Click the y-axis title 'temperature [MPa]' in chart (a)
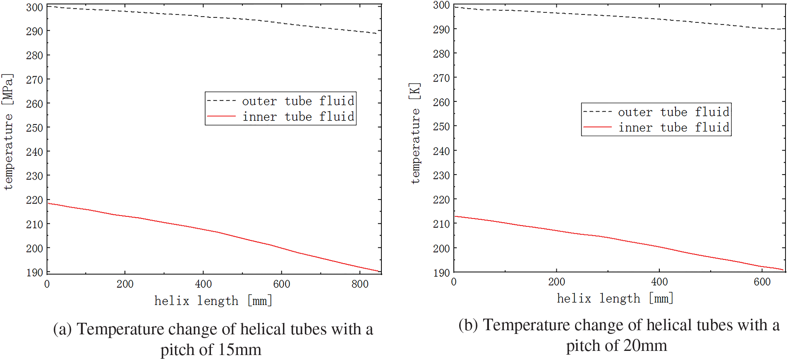pos(8,132)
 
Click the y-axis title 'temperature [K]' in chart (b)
pos(415,133)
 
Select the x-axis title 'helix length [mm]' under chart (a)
pos(213,301)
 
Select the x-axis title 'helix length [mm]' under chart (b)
pos(615,298)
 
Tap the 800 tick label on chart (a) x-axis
pos(360,284)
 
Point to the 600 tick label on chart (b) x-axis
pos(762,282)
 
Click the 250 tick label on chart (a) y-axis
pos(34,128)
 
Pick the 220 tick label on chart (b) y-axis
pos(441,200)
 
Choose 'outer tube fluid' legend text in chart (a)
pos(298,101)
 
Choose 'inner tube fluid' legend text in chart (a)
pos(298,117)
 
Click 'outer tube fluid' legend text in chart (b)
pos(673,112)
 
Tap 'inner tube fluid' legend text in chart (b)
pos(673,127)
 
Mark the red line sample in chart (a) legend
pos(221,117)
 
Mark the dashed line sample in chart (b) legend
pos(597,112)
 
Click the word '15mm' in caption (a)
pos(240,350)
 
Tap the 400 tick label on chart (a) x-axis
pos(204,284)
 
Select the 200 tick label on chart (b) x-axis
pos(556,282)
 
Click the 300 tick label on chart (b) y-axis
pos(441,5)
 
